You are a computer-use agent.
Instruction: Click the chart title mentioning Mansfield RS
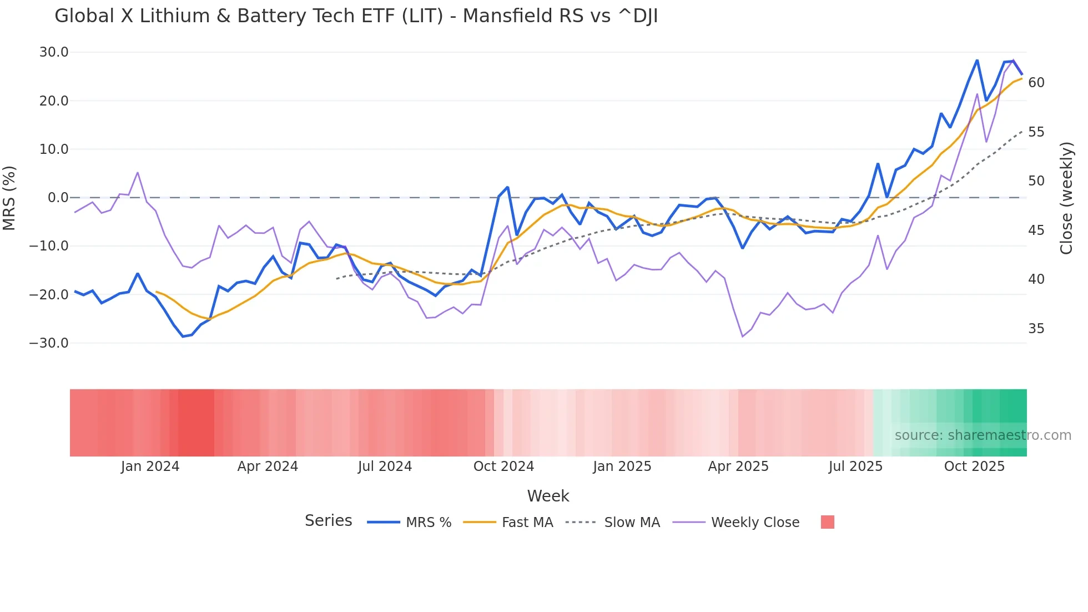(356, 16)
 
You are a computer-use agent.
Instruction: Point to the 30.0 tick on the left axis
(54, 52)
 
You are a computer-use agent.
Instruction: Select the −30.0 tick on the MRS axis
(49, 343)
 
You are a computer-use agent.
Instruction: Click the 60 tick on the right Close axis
(1036, 83)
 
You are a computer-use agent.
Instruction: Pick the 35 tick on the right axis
(1036, 329)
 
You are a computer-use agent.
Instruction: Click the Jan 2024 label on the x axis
(150, 466)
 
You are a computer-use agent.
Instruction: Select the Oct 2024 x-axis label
(503, 466)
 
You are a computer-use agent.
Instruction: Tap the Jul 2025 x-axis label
(855, 466)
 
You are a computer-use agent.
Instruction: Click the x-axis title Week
(548, 496)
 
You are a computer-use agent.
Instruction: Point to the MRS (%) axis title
(9, 198)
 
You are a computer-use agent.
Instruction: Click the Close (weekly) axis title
(1066, 198)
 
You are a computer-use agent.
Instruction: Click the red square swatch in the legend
(827, 522)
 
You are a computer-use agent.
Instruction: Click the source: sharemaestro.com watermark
(983, 435)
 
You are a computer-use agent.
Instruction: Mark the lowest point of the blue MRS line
(183, 337)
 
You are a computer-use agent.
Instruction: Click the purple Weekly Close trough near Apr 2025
(743, 337)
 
